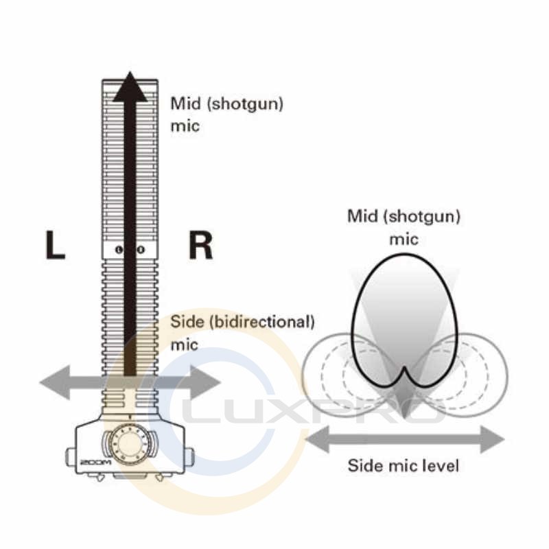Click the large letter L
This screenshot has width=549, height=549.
(x=55, y=246)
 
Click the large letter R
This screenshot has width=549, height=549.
(x=200, y=246)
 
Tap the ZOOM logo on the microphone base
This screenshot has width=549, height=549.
(x=92, y=461)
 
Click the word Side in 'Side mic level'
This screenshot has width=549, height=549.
(x=363, y=466)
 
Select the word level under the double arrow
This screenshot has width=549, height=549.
(x=441, y=466)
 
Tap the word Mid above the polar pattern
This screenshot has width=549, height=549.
(x=363, y=217)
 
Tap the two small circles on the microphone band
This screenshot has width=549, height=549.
(x=130, y=250)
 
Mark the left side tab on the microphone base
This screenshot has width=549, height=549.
(x=70, y=456)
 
